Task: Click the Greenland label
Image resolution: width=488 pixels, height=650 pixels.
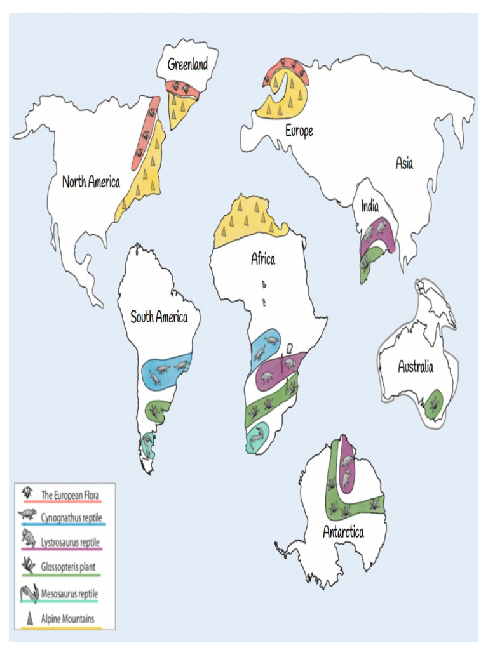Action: tap(187, 64)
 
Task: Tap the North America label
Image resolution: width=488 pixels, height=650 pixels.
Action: tap(91, 182)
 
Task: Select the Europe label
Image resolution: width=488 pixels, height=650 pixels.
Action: tap(299, 131)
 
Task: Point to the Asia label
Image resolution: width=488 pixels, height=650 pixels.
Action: tap(404, 163)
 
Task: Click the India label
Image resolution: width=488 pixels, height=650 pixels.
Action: tap(370, 206)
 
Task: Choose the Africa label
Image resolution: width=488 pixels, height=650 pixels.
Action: tap(263, 259)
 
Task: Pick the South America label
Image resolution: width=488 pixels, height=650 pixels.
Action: tap(159, 317)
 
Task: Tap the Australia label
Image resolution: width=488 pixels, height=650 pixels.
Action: tap(416, 366)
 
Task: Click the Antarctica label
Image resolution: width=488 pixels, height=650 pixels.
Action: tap(343, 532)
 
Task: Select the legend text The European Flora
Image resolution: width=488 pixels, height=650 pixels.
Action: tap(70, 494)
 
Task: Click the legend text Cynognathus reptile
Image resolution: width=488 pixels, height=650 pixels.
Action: tap(71, 518)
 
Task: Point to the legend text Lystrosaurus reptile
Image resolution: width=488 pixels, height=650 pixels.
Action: tap(71, 543)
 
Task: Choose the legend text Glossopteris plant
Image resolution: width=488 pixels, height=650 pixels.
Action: tap(69, 567)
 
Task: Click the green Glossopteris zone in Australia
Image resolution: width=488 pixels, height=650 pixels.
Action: tap(434, 404)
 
